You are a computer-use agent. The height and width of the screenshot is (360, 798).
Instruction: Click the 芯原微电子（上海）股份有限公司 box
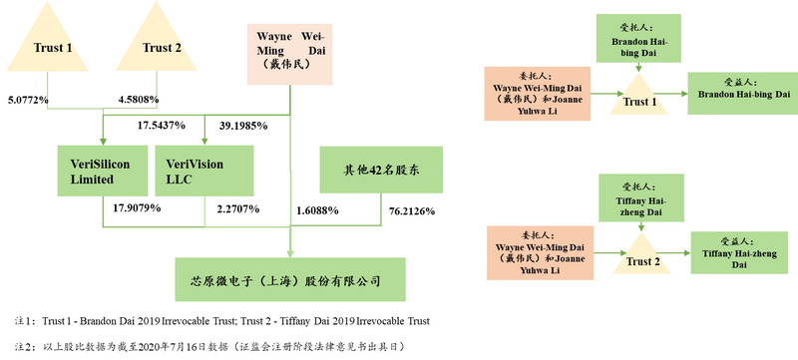pyautogui.click(x=291, y=281)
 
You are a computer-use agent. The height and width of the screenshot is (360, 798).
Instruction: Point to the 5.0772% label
pyautogui.click(x=27, y=102)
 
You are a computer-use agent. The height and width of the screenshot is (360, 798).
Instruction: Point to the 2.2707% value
pyautogui.click(x=237, y=209)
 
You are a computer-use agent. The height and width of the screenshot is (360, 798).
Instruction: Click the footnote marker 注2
pyautogui.click(x=15, y=346)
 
